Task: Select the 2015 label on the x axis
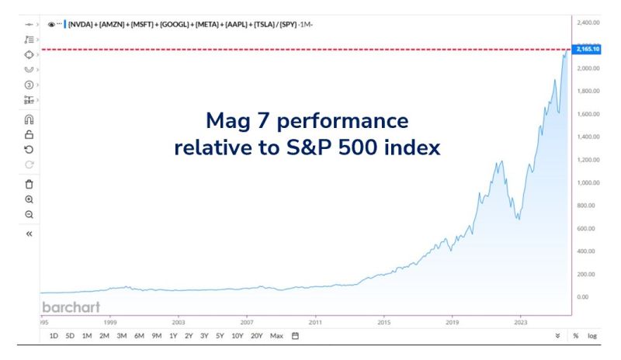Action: pos(383,320)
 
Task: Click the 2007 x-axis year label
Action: pos(247,320)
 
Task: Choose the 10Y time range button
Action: pos(238,336)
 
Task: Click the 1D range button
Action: pos(54,336)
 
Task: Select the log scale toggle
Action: pos(593,336)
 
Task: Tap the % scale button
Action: pos(576,336)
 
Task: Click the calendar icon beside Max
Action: pos(295,336)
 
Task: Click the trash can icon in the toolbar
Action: pos(29,185)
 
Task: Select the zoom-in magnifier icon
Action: pos(29,199)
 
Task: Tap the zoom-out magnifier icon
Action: pos(29,214)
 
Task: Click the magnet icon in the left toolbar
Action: pos(29,120)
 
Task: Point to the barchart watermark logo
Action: pos(71,306)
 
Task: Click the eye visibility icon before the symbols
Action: pos(51,24)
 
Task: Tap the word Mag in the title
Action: pos(225,121)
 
